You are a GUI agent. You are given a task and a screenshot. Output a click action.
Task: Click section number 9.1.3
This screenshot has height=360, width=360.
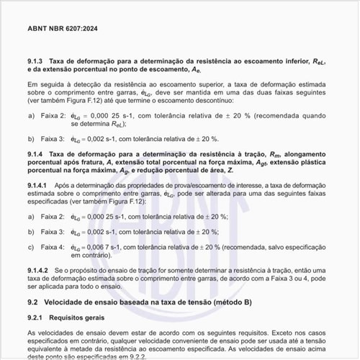pos(37,61)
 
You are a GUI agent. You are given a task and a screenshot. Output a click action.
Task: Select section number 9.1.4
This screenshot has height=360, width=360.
pos(37,154)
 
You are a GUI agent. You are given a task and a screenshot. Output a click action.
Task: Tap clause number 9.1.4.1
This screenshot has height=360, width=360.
pos(40,186)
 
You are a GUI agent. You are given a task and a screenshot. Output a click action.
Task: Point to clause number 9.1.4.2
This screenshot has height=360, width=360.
pos(40,269)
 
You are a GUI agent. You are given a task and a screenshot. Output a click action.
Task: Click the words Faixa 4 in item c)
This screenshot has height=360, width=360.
pos(53,247)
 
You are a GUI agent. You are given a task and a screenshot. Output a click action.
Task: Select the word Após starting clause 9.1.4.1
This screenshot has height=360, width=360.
pos(62,186)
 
